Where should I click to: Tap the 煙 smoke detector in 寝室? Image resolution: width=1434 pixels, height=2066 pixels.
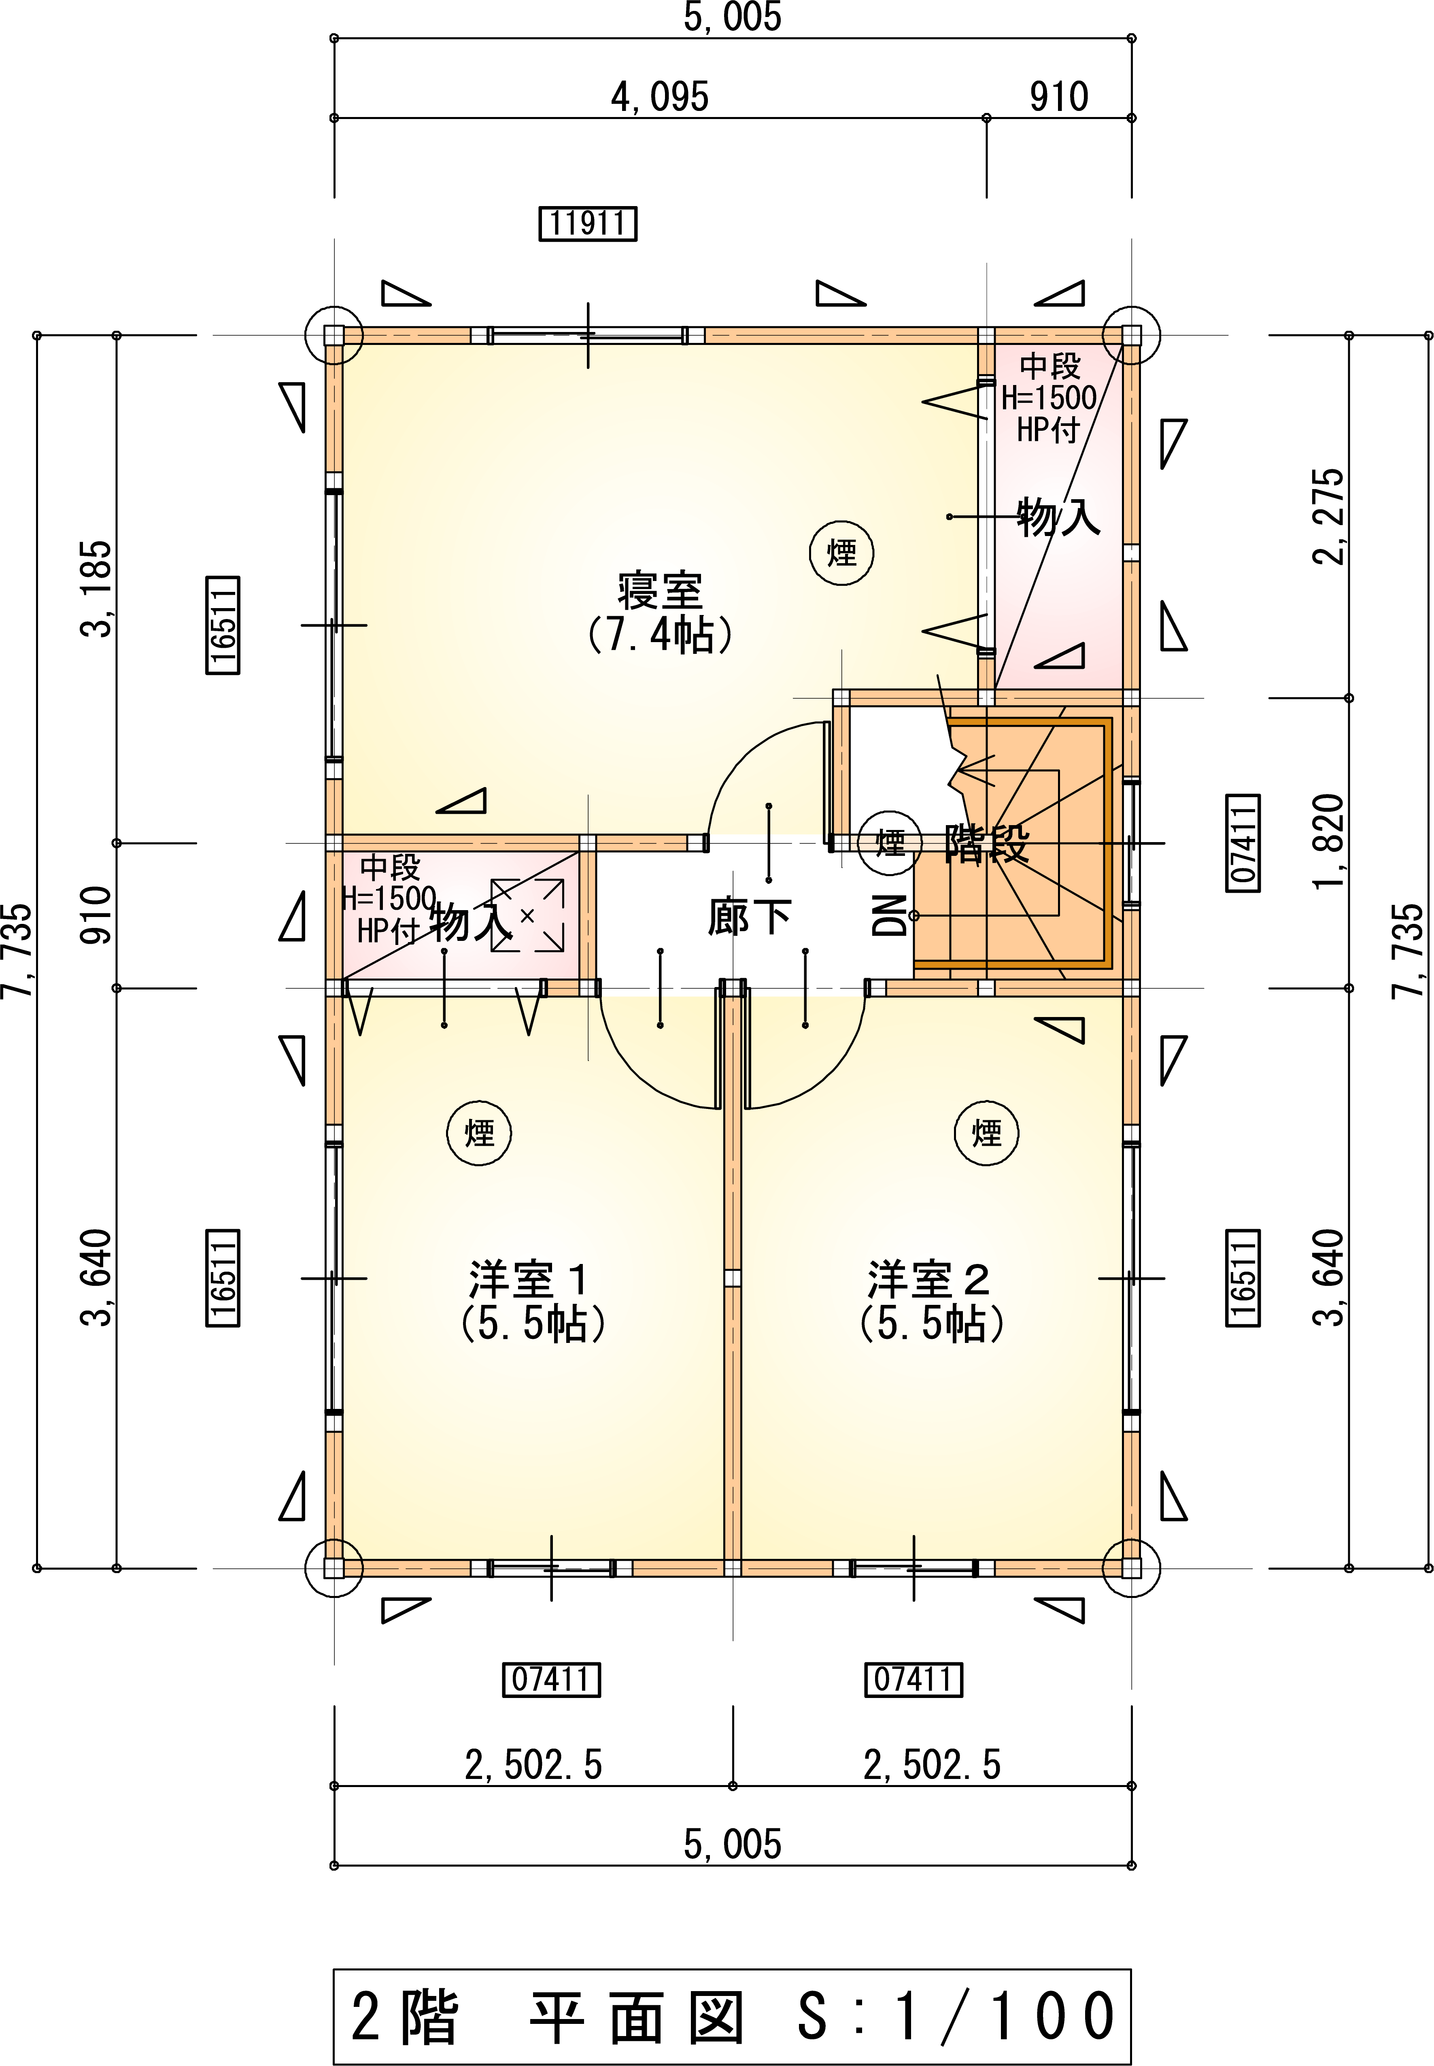[x=842, y=553]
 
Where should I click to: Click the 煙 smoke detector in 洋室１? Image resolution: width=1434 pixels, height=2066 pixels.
[x=479, y=1133]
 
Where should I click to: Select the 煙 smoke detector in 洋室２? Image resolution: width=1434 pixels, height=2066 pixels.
[x=986, y=1133]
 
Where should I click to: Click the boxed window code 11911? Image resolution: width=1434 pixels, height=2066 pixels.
[x=588, y=223]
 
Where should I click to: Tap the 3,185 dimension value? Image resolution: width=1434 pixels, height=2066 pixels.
[x=97, y=589]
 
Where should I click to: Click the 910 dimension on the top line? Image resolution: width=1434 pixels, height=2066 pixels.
[x=1059, y=96]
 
